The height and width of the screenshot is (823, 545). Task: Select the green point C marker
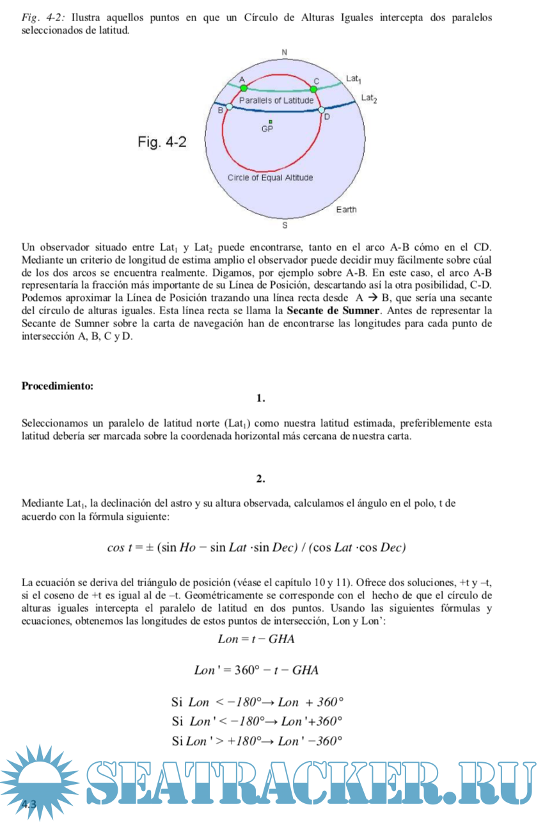tap(314, 89)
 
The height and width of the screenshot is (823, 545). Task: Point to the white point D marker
tap(321, 110)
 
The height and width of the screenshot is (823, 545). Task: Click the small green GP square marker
tap(271, 122)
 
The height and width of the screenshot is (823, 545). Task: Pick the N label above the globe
tap(285, 52)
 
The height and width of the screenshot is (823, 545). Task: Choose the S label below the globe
tap(285, 225)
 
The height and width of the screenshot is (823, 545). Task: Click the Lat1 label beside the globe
tap(353, 79)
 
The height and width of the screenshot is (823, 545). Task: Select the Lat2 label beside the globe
tap(369, 99)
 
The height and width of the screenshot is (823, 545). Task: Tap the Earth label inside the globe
tap(346, 210)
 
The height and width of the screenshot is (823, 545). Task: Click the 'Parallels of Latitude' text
tap(276, 100)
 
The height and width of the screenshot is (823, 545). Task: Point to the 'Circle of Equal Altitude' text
tap(271, 177)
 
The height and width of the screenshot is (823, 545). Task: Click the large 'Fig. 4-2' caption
tap(162, 142)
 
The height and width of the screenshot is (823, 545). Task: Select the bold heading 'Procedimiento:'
tap(58, 386)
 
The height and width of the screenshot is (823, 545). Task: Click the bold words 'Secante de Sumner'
tap(333, 311)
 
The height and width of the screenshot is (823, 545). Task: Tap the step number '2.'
tap(260, 479)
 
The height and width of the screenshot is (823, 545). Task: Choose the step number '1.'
tap(260, 399)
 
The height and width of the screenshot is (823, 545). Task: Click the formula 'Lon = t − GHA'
tap(256, 639)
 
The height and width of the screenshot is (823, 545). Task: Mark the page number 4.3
tap(29, 804)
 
